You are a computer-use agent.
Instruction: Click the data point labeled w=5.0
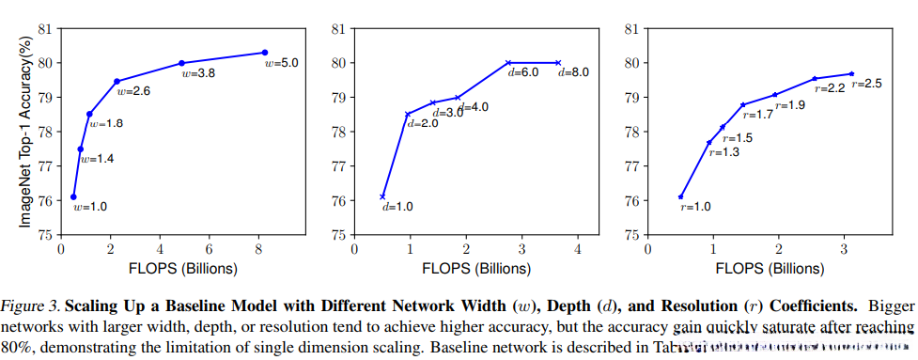pyautogui.click(x=266, y=53)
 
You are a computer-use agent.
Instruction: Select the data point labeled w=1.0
pyautogui.click(x=73, y=196)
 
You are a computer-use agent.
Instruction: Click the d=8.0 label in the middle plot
pyautogui.click(x=574, y=72)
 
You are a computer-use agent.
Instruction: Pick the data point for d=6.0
pyautogui.click(x=508, y=62)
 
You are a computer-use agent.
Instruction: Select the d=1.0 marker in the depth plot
pyautogui.click(x=382, y=196)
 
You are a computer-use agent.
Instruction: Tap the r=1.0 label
pyautogui.click(x=695, y=206)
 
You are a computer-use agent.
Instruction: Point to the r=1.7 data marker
pyautogui.click(x=743, y=104)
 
